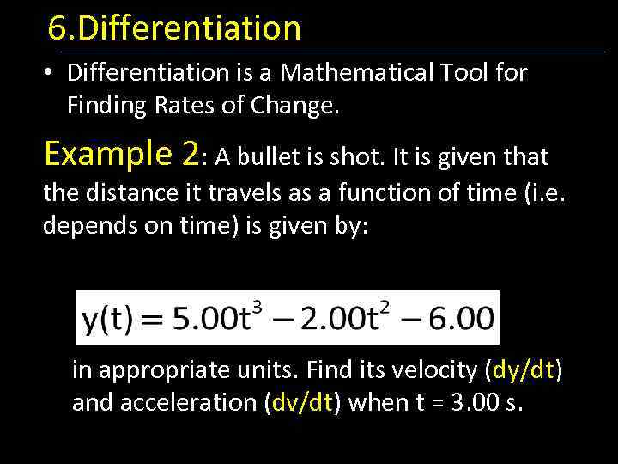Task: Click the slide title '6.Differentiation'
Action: point(174,28)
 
